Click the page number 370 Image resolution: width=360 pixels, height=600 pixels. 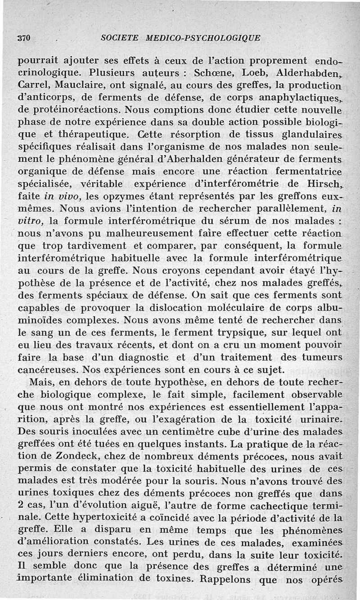point(23,38)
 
